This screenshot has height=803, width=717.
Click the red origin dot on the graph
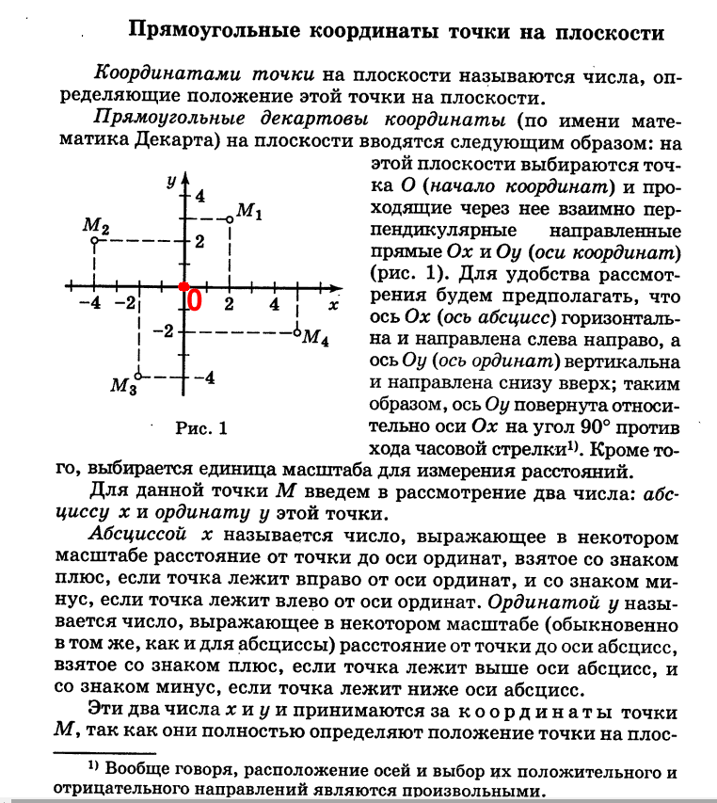click(x=184, y=285)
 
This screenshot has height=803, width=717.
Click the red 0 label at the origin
click(x=195, y=300)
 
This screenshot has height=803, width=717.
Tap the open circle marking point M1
click(x=231, y=219)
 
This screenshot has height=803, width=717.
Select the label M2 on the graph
click(x=96, y=227)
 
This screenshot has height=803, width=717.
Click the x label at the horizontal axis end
click(x=333, y=305)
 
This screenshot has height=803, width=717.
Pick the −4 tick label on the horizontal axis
click(x=91, y=304)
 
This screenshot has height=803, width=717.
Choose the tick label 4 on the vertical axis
click(x=199, y=196)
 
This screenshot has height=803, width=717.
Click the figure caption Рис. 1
click(x=202, y=428)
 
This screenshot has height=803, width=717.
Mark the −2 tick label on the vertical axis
click(x=166, y=331)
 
